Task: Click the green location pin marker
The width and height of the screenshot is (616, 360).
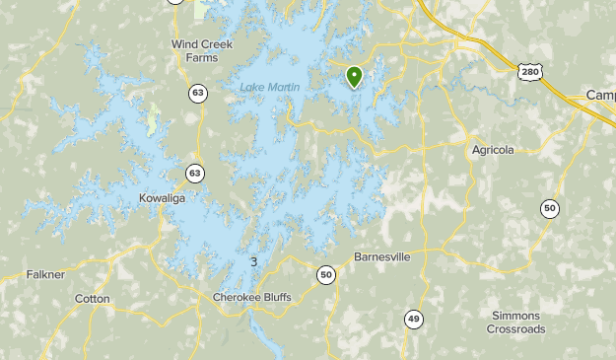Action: (354, 76)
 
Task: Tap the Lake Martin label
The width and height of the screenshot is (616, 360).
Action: (269, 89)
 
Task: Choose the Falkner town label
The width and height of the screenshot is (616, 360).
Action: (45, 274)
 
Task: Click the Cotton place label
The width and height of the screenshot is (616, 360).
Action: (93, 298)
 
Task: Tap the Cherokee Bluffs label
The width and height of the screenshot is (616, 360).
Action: (252, 297)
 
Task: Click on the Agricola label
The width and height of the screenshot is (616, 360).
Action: (492, 150)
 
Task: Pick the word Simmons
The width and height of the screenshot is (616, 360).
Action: (515, 316)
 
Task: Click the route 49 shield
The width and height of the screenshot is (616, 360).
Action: (414, 319)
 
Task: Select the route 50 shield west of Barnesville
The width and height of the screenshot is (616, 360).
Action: (326, 275)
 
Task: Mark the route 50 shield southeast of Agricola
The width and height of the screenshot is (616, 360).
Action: (549, 208)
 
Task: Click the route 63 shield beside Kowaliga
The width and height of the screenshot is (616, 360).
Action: (194, 174)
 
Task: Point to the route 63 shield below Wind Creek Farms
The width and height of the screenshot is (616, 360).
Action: (199, 94)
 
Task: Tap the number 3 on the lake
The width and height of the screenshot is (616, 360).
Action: (254, 261)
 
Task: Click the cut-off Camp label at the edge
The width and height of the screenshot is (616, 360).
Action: (600, 95)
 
